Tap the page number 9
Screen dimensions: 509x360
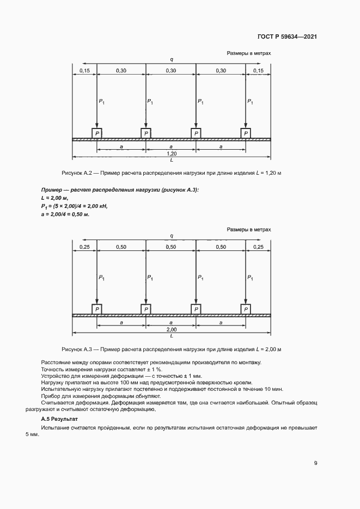(316, 463)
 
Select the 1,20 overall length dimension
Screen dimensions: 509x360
(171, 154)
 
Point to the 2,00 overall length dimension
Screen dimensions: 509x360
(171, 330)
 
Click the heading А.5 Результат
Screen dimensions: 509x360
(60, 420)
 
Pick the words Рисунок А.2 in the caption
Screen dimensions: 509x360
(80, 173)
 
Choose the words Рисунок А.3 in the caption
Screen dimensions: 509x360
(80, 348)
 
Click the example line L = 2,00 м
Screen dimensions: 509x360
(55, 198)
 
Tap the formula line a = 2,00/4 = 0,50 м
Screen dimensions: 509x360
(65, 214)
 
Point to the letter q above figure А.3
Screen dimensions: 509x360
(171, 236)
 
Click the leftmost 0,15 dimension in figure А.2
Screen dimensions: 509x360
(84, 71)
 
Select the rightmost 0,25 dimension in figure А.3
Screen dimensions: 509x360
(258, 247)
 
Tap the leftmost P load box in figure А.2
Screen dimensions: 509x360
(96, 133)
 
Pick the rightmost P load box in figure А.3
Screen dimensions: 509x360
(246, 309)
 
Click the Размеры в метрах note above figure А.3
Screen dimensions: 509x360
(248, 230)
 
